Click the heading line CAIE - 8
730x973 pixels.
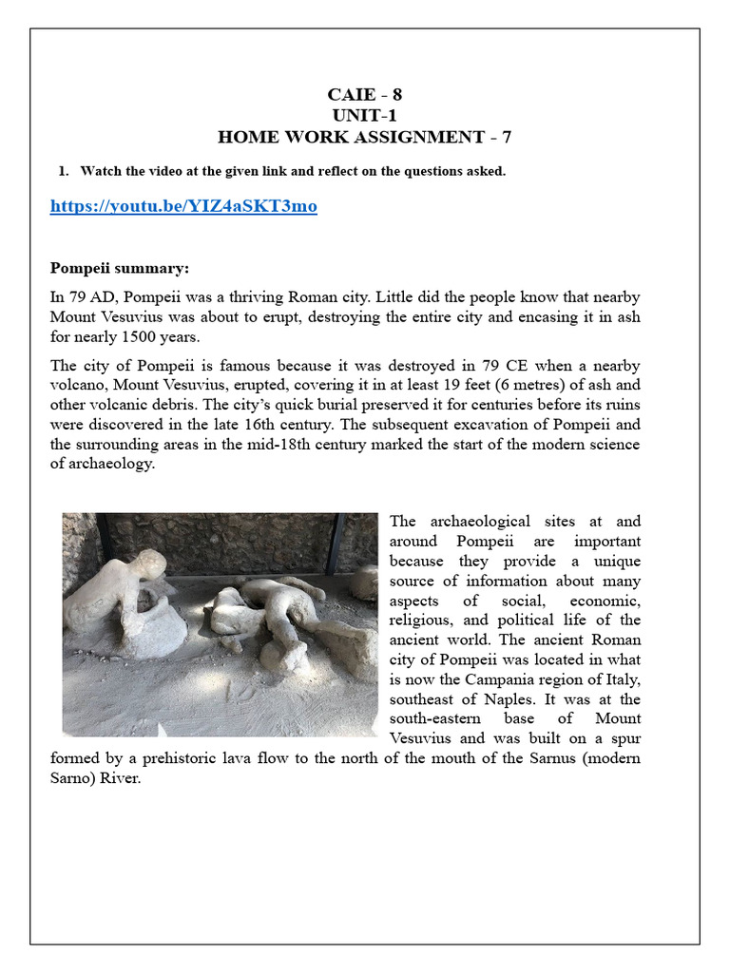click(364, 95)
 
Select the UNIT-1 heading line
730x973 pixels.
click(364, 116)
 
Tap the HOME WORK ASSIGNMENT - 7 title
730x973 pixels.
click(364, 137)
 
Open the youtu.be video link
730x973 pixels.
click(183, 206)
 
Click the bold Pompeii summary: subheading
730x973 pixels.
click(120, 268)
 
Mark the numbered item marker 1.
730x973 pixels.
click(63, 171)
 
